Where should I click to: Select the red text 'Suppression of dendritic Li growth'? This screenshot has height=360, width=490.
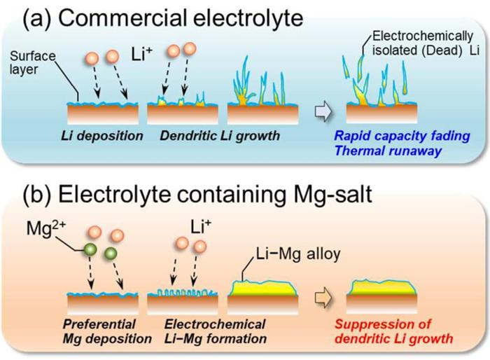coord(393,331)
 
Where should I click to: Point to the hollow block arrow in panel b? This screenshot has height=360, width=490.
coord(318,295)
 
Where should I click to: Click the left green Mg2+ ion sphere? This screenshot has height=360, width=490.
coord(90,250)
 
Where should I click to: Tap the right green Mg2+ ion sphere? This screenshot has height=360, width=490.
coord(111,255)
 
